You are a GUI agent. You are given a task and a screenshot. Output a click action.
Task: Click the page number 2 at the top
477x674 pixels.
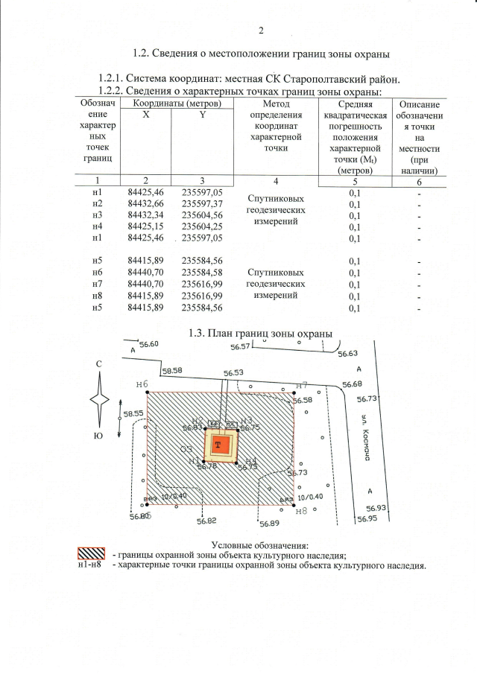pyautogui.click(x=261, y=31)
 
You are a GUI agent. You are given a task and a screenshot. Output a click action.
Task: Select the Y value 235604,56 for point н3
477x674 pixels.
pyautogui.click(x=203, y=215)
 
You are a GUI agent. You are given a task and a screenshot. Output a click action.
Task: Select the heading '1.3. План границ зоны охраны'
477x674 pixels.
pyautogui.click(x=259, y=333)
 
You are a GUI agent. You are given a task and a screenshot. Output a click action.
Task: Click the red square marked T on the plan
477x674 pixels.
pyautogui.click(x=218, y=445)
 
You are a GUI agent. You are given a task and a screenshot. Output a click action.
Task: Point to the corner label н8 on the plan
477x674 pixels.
pyautogui.click(x=301, y=511)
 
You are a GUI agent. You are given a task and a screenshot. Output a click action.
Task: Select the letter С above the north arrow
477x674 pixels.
pyautogui.click(x=98, y=363)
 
